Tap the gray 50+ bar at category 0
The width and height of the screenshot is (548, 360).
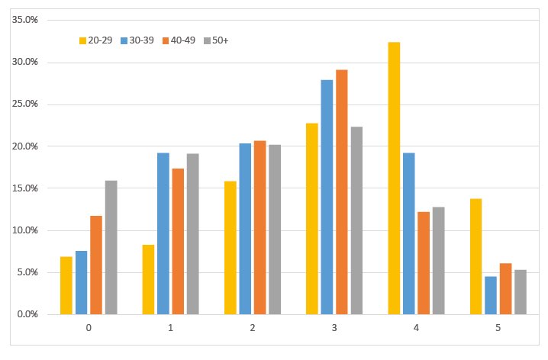(111, 247)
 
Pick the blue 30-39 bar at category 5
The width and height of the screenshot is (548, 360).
(490, 295)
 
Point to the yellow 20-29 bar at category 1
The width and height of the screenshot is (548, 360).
(148, 279)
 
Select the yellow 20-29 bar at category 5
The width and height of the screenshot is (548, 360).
(475, 256)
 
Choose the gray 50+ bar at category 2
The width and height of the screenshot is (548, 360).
(275, 230)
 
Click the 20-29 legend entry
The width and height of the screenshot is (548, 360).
(96, 40)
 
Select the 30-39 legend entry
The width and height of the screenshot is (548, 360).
(137, 40)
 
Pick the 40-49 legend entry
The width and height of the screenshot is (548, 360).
(178, 40)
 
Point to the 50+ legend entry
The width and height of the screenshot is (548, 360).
(216, 40)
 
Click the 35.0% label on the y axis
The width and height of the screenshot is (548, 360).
(26, 20)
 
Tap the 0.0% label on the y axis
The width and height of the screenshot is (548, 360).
(28, 314)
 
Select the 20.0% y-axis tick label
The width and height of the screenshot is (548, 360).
(26, 146)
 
